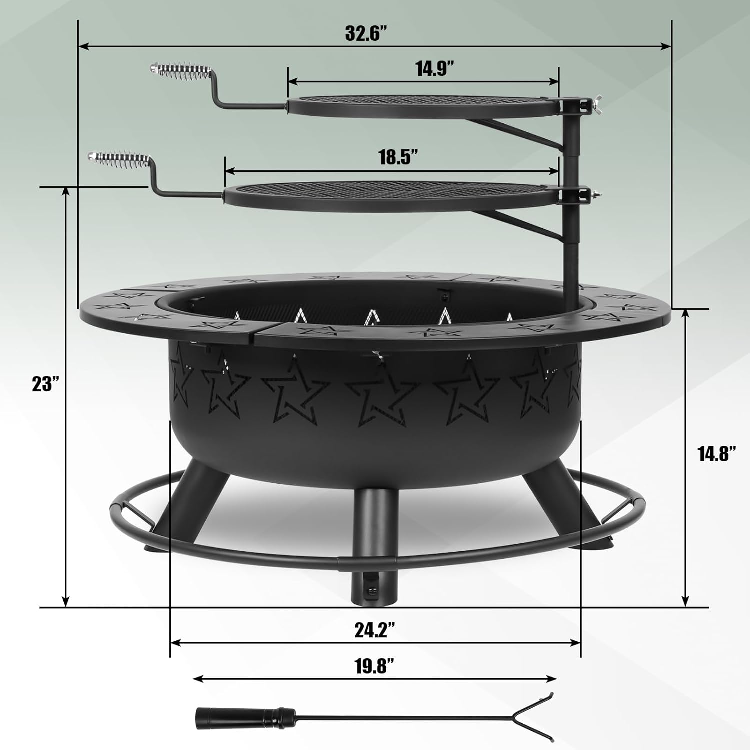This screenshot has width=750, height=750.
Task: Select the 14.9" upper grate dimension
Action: (431, 68)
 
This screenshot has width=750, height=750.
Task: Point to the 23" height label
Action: (46, 384)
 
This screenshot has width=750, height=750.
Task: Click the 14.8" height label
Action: (717, 454)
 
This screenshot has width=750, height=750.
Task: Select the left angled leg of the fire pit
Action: (187, 500)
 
